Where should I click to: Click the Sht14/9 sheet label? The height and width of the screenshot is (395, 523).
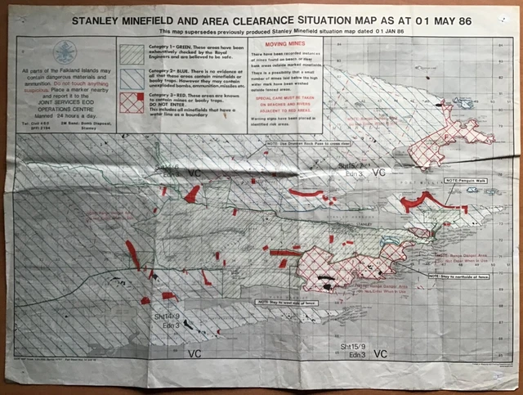coord(165,315)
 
